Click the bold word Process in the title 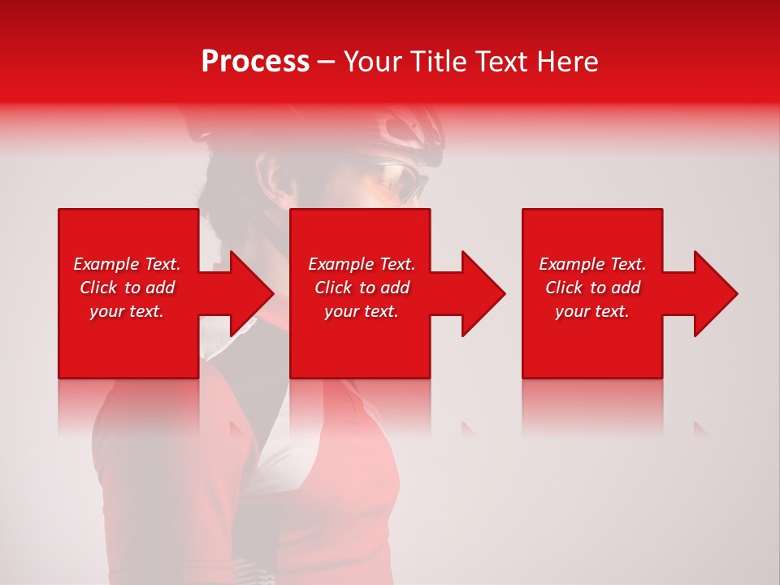pyautogui.click(x=255, y=62)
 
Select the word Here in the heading pyautogui.click(x=569, y=62)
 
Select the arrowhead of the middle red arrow pyautogui.click(x=482, y=293)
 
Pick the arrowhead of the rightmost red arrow pyautogui.click(x=714, y=293)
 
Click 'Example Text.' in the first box pyautogui.click(x=127, y=264)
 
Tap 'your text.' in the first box pyautogui.click(x=127, y=311)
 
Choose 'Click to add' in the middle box pyautogui.click(x=362, y=288)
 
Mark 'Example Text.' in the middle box pyautogui.click(x=362, y=264)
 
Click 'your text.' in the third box pyautogui.click(x=592, y=311)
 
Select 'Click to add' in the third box pyautogui.click(x=592, y=288)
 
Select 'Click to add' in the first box pyautogui.click(x=127, y=288)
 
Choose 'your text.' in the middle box pyautogui.click(x=362, y=311)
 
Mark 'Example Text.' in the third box pyautogui.click(x=592, y=264)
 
